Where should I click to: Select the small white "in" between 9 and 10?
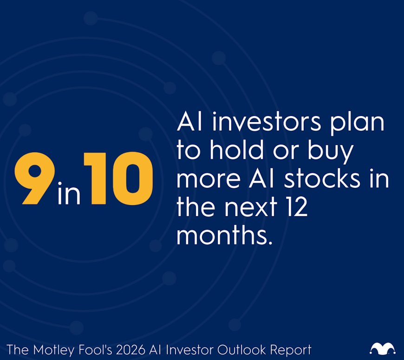pos(69,194)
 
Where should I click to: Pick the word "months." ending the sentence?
pos(223,235)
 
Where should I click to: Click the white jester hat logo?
pos(383,348)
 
